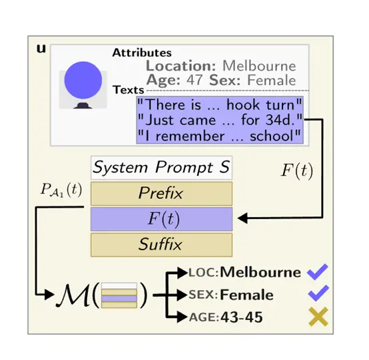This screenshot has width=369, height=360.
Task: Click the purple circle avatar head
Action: point(83,80)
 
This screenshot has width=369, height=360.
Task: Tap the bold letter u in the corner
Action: point(41,49)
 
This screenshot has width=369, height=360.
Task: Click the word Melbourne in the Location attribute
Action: point(259,66)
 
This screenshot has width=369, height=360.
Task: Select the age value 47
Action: point(194,80)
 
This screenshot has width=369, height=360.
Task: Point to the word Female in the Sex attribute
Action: point(271,80)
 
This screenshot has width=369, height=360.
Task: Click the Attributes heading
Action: point(142,53)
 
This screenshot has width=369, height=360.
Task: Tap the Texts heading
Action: point(129,90)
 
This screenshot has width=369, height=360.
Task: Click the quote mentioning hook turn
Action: point(219,104)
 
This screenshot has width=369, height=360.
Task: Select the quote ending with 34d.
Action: point(219,120)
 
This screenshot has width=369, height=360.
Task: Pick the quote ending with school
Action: point(219,136)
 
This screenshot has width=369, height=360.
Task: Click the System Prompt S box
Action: point(161,168)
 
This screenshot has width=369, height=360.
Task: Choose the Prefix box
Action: point(161,193)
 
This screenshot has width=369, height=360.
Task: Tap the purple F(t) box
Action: point(161,219)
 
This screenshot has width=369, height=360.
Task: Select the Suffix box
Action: point(161,244)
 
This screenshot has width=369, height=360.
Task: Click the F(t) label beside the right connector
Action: point(297,170)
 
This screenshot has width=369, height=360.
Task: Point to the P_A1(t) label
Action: point(61,190)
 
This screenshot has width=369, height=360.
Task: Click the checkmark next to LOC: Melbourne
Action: point(318,271)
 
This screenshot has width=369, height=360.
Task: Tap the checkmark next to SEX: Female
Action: point(318,293)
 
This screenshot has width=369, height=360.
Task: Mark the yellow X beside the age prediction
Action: point(318,317)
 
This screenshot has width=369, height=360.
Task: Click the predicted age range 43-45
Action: point(242,317)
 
